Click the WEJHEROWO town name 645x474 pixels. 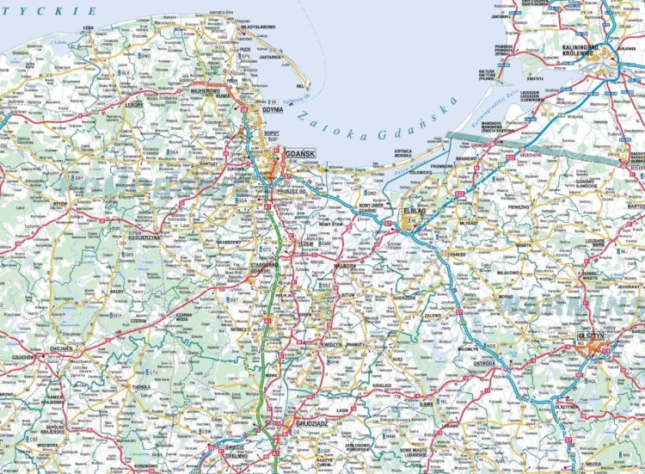[x=206, y=89]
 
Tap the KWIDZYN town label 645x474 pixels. [x=331, y=344]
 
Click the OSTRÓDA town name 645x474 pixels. [x=482, y=363]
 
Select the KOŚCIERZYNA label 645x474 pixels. [x=143, y=236]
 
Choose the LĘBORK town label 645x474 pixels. [x=135, y=105]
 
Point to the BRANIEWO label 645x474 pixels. [x=466, y=159]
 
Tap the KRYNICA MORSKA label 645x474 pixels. [x=404, y=153]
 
